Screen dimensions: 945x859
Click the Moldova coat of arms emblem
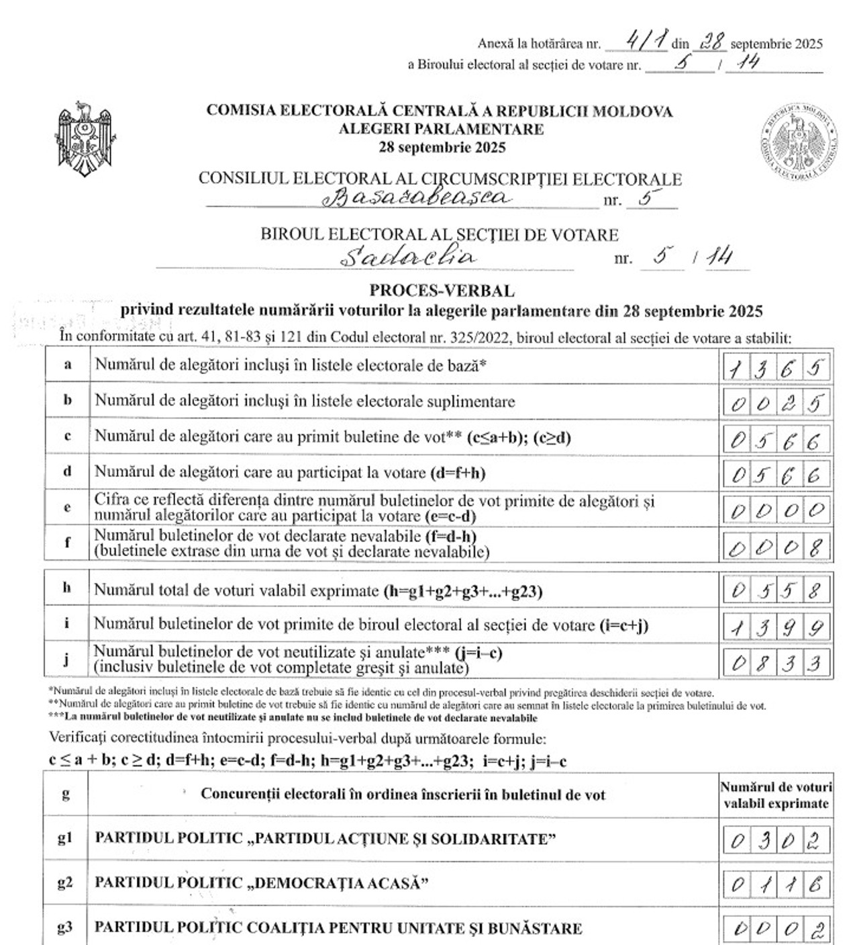83,140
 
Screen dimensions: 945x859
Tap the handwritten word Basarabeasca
417,197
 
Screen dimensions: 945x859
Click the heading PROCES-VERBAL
442,291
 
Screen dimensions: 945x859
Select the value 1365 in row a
777,367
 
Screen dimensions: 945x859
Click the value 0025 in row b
777,403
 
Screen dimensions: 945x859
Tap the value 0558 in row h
777,591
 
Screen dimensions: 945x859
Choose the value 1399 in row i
777,627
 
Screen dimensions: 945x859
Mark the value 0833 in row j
777,663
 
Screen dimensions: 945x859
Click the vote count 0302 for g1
777,840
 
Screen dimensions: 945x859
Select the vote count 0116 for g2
777,885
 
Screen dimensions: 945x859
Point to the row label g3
65,928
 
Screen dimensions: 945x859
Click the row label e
67,508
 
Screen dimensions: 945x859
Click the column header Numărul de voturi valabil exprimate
776,795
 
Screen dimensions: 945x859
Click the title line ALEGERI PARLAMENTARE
441,129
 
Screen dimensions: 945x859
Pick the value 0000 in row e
777,510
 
